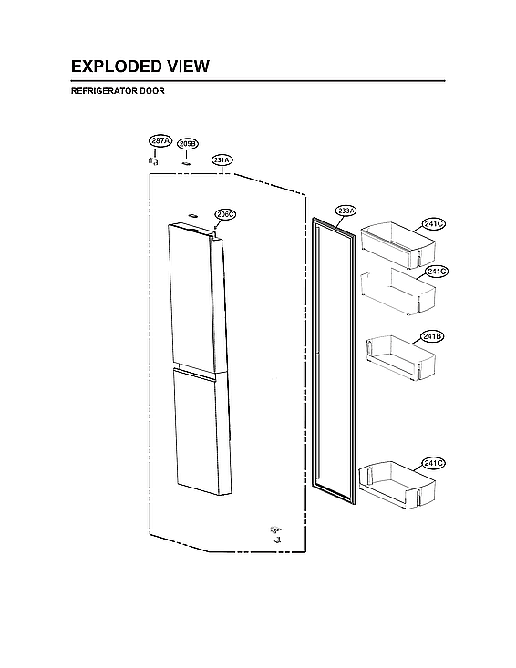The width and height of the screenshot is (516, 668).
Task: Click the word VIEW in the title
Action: [x=188, y=67]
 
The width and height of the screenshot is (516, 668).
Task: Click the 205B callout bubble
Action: [x=187, y=143]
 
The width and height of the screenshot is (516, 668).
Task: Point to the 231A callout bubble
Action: [x=222, y=159]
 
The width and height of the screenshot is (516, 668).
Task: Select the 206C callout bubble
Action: [x=225, y=214]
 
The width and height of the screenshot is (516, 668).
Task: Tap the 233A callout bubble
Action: [x=346, y=211]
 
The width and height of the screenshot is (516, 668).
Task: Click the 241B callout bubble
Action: [x=432, y=336]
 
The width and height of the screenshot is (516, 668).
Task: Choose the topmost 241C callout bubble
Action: [x=434, y=223]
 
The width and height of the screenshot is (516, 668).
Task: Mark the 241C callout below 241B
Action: [x=433, y=463]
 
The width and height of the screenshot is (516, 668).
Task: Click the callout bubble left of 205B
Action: [x=160, y=140]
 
